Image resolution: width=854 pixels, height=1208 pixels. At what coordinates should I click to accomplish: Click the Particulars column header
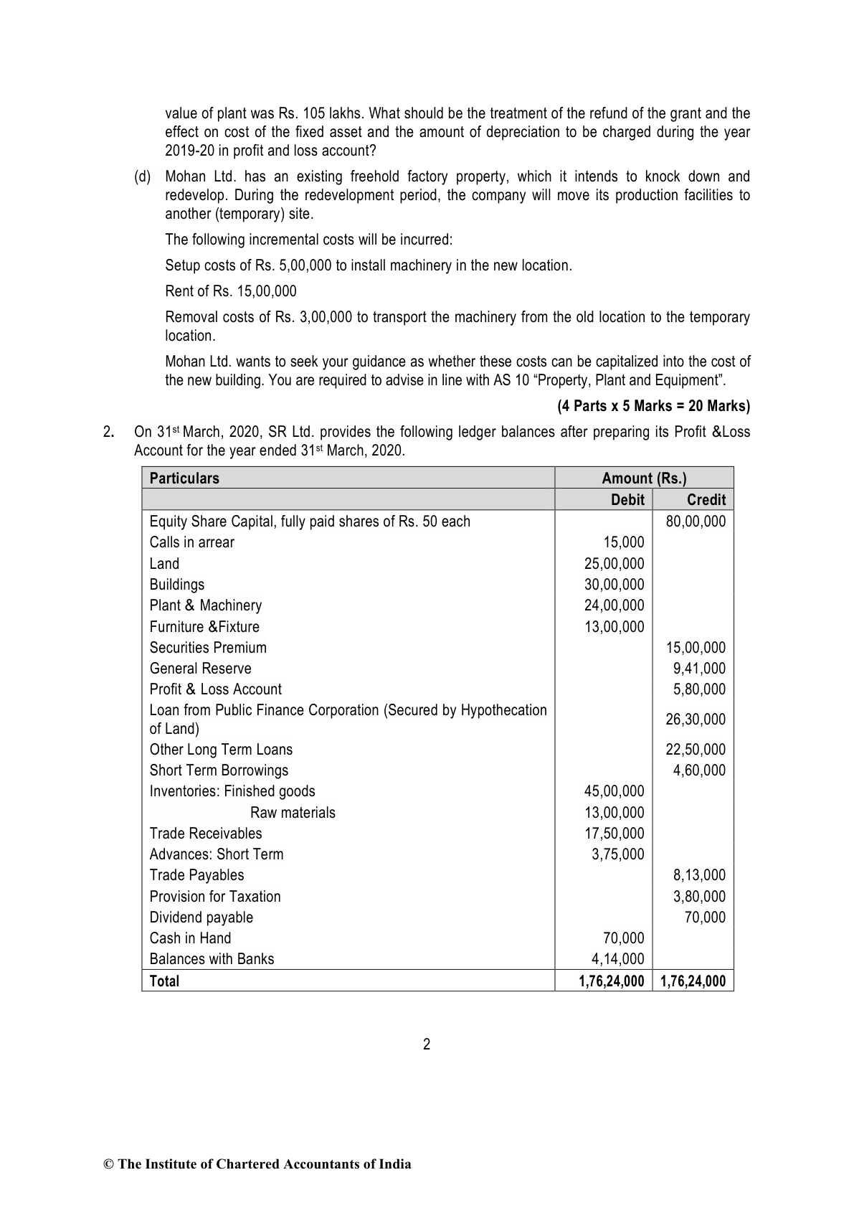(184, 478)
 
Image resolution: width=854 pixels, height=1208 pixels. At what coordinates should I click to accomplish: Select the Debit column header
(627, 500)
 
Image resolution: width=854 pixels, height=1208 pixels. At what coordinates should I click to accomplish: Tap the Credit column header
(706, 500)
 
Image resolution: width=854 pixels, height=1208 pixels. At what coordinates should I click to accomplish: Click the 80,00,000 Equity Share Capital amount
(696, 522)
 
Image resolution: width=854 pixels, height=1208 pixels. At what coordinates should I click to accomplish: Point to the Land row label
(164, 564)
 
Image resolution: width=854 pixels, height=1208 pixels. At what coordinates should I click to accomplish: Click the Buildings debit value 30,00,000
(614, 585)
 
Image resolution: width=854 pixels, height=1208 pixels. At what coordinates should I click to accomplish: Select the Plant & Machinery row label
(206, 605)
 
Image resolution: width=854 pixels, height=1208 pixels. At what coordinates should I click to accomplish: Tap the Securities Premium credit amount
(696, 648)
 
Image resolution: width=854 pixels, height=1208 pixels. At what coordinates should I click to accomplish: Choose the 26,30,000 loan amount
(696, 719)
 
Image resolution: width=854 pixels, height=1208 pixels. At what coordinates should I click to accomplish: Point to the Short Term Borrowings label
(219, 770)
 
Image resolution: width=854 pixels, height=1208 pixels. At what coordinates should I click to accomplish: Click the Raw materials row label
(293, 813)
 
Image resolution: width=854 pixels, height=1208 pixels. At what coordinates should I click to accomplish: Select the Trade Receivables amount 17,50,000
(614, 834)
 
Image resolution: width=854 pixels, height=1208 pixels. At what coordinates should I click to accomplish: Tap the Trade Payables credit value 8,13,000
(699, 875)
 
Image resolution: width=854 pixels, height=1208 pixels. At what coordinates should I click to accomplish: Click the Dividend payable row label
(201, 917)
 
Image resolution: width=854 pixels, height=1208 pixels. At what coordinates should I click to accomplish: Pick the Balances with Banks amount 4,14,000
(617, 959)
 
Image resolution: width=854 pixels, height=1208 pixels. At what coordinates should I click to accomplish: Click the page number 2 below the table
(427, 1044)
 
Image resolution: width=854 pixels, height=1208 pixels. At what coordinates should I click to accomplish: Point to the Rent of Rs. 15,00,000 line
(231, 291)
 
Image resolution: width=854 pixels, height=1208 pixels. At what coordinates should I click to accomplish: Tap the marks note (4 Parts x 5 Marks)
(653, 407)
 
